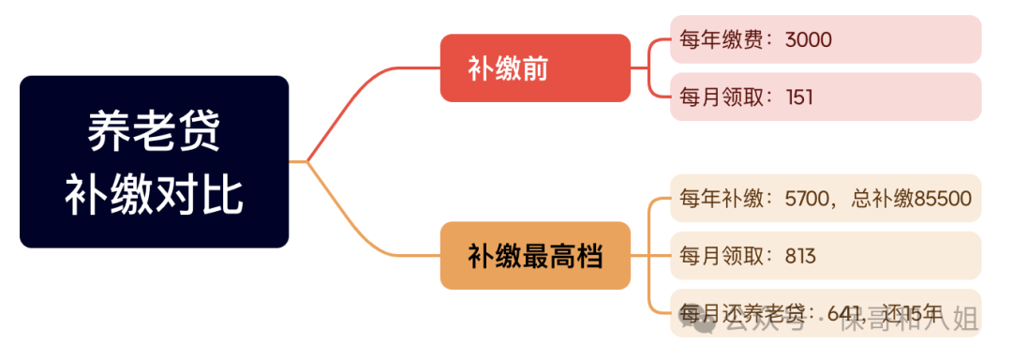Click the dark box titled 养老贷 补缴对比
click(x=154, y=161)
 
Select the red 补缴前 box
click(x=535, y=67)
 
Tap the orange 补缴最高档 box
click(x=535, y=255)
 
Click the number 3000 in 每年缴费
click(x=809, y=39)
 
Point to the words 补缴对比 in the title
click(x=154, y=194)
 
